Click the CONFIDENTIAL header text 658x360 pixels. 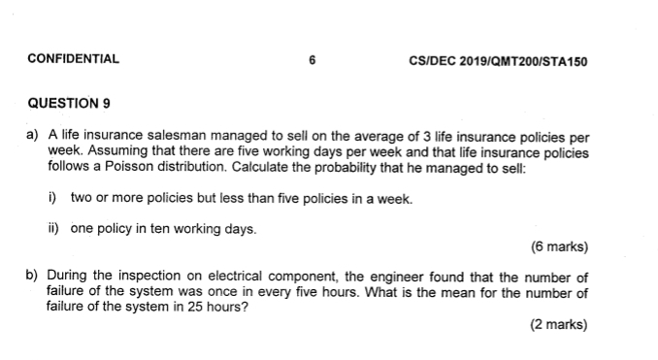tap(74, 58)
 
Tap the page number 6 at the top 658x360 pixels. tap(312, 58)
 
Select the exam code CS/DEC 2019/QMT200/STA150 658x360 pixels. tap(499, 60)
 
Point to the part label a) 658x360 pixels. tap(33, 139)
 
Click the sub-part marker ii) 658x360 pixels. tap(53, 230)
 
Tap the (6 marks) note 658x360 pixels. tap(559, 246)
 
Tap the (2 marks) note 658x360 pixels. tap(559, 325)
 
